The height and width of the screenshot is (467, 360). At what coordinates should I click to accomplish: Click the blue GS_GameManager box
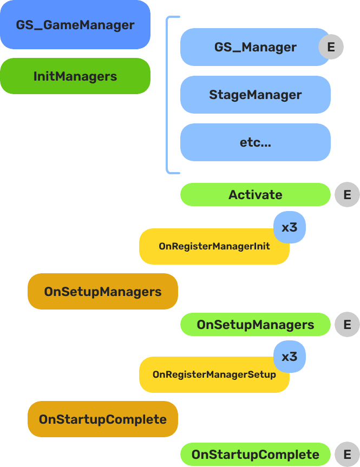click(75, 25)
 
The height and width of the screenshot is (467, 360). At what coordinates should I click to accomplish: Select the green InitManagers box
click(75, 76)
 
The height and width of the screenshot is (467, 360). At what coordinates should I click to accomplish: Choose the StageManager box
click(255, 95)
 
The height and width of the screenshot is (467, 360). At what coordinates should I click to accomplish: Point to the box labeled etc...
click(255, 142)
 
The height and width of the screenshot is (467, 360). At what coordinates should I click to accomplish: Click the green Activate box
click(255, 195)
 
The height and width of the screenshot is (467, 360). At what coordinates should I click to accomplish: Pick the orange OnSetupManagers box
click(102, 292)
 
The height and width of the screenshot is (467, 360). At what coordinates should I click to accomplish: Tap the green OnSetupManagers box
click(255, 325)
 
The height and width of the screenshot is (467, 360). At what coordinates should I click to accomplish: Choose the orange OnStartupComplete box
click(102, 419)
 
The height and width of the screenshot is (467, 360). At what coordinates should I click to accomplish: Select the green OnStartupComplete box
click(255, 455)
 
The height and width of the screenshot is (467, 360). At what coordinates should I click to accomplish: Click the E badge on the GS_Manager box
click(331, 47)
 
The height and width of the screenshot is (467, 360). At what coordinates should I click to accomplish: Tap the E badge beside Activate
click(347, 195)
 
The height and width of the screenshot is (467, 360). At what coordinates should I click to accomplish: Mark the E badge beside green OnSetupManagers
click(347, 325)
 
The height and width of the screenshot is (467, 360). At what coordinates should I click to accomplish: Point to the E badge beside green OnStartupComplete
click(347, 455)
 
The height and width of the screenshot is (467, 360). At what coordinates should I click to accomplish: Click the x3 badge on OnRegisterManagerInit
click(290, 227)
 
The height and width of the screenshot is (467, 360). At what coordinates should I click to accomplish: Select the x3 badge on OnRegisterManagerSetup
click(290, 357)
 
